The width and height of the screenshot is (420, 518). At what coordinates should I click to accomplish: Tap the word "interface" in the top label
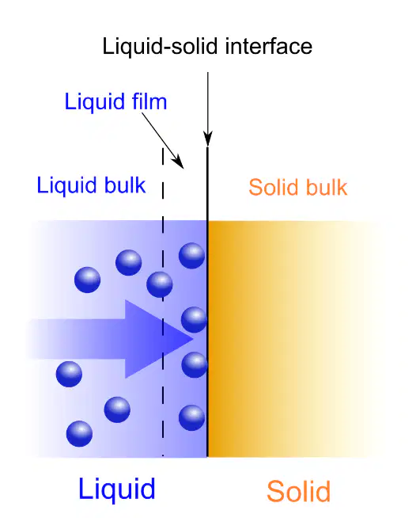pyautogui.click(x=269, y=46)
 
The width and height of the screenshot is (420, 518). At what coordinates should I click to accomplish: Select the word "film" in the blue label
pyautogui.click(x=149, y=101)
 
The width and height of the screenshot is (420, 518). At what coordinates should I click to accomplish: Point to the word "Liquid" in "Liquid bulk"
pyautogui.click(x=66, y=186)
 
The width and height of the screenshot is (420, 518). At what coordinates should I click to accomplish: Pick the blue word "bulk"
pyautogui.click(x=125, y=185)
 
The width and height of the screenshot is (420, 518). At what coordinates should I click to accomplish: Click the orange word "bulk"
pyautogui.click(x=327, y=187)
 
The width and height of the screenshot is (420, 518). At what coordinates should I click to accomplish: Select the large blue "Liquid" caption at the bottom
pyautogui.click(x=117, y=490)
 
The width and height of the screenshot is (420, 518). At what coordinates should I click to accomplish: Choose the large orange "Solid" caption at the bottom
pyautogui.click(x=298, y=491)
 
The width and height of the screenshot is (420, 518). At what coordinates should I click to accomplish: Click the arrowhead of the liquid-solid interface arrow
pyautogui.click(x=208, y=138)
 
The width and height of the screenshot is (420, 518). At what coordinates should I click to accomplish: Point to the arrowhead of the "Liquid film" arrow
pyautogui.click(x=177, y=162)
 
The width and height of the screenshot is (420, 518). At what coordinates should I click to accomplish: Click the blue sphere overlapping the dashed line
pyautogui.click(x=159, y=284)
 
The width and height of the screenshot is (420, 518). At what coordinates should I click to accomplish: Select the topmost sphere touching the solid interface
pyautogui.click(x=191, y=255)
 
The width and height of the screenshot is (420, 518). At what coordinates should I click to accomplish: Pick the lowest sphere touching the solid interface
pyautogui.click(x=191, y=417)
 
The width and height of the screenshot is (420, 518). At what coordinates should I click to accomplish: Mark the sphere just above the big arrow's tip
pyautogui.click(x=194, y=319)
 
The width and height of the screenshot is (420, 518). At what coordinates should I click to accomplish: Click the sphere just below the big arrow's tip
pyautogui.click(x=195, y=364)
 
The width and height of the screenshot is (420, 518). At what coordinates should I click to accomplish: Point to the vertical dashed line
pyautogui.click(x=163, y=302)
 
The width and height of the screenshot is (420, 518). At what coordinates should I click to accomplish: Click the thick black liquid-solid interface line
pyautogui.click(x=207, y=302)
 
